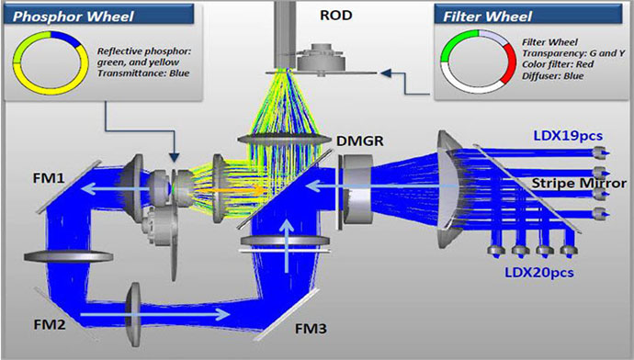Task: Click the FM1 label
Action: [x=49, y=178]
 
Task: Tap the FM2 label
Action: [x=50, y=324]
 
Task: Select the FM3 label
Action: [x=311, y=329]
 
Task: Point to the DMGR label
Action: [x=360, y=141]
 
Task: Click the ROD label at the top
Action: [x=336, y=16]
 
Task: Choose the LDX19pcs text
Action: [x=568, y=136]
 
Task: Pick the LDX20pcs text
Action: [x=539, y=273]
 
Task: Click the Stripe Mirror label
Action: [x=579, y=183]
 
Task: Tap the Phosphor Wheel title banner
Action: [x=98, y=15]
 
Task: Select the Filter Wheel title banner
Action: [x=528, y=15]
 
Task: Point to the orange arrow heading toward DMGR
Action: [x=230, y=189]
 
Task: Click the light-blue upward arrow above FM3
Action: [x=287, y=245]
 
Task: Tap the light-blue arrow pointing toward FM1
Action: [x=117, y=188]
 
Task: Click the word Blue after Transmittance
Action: [x=179, y=73]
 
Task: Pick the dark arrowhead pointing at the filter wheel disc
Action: [x=386, y=73]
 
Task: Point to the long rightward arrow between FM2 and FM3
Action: [x=155, y=314]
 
